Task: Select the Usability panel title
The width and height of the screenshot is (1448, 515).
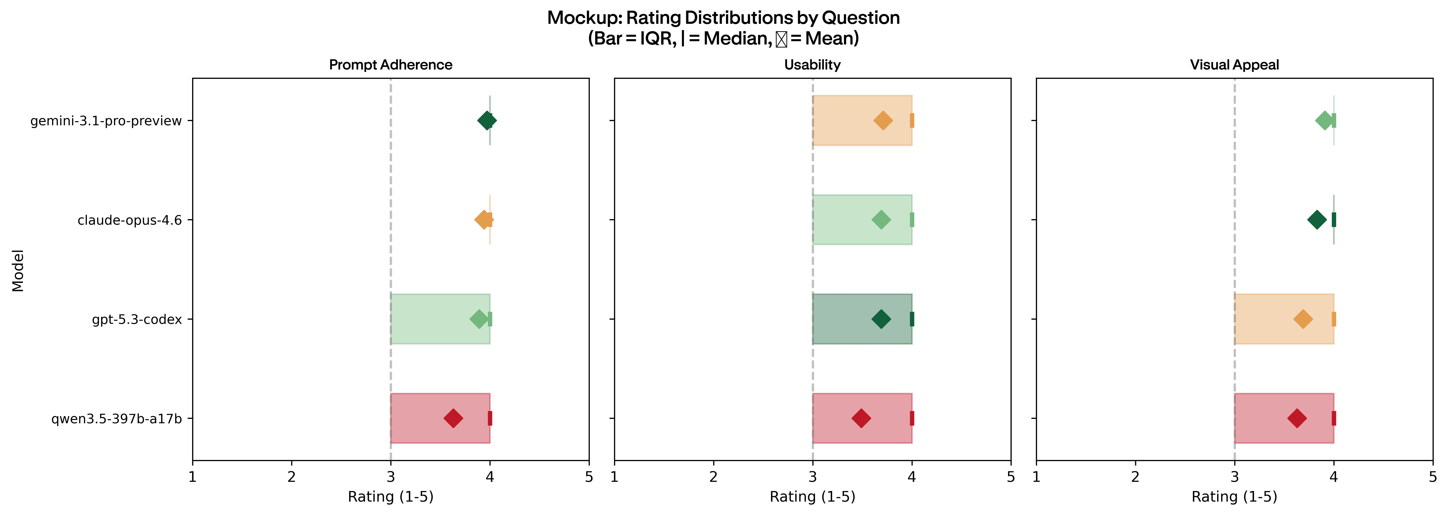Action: [812, 65]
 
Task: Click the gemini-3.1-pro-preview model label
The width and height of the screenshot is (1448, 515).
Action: [106, 121]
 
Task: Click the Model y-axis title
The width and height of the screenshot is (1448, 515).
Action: [18, 270]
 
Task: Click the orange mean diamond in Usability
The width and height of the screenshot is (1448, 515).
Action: [883, 120]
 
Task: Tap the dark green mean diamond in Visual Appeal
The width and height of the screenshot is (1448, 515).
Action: [1317, 220]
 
